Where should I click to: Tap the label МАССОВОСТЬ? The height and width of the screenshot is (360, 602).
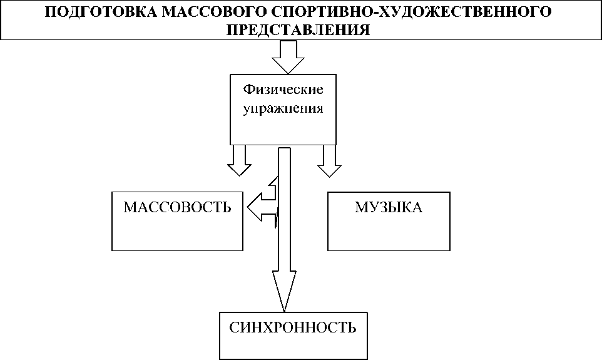pyautogui.click(x=177, y=208)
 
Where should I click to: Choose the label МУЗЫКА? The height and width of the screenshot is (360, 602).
pyautogui.click(x=388, y=208)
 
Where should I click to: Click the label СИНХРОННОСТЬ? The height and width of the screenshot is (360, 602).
pyautogui.click(x=293, y=327)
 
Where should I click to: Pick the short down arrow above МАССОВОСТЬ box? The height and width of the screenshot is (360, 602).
pyautogui.click(x=238, y=160)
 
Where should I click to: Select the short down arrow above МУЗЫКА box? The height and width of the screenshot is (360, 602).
pyautogui.click(x=329, y=160)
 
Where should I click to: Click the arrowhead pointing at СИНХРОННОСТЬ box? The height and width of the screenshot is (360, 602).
pyautogui.click(x=284, y=292)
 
